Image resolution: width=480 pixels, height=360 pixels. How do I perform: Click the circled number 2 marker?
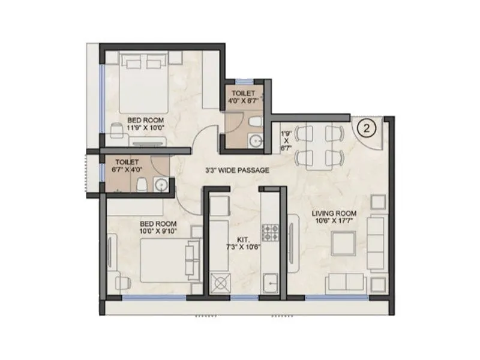click(x=365, y=127)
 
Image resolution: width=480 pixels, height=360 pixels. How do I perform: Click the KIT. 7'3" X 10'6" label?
click(x=236, y=242)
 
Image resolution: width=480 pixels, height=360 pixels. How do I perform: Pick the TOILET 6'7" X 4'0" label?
click(x=127, y=166)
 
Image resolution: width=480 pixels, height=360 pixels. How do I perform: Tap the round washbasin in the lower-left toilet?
click(x=161, y=185)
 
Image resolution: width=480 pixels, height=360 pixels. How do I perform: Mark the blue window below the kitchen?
click(x=244, y=298)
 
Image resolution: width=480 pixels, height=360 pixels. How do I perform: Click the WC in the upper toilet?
click(x=255, y=123)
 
